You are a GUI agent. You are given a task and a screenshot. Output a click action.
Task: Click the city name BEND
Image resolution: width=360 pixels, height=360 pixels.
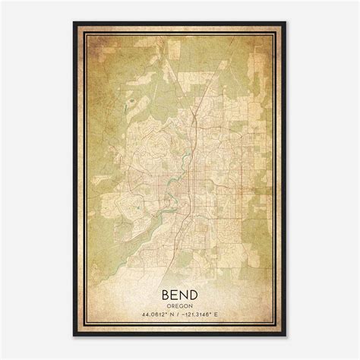180,292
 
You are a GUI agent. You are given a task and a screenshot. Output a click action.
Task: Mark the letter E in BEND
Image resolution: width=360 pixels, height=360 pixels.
174,292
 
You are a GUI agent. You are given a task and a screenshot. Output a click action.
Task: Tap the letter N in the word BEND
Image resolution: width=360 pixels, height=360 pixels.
186,292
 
